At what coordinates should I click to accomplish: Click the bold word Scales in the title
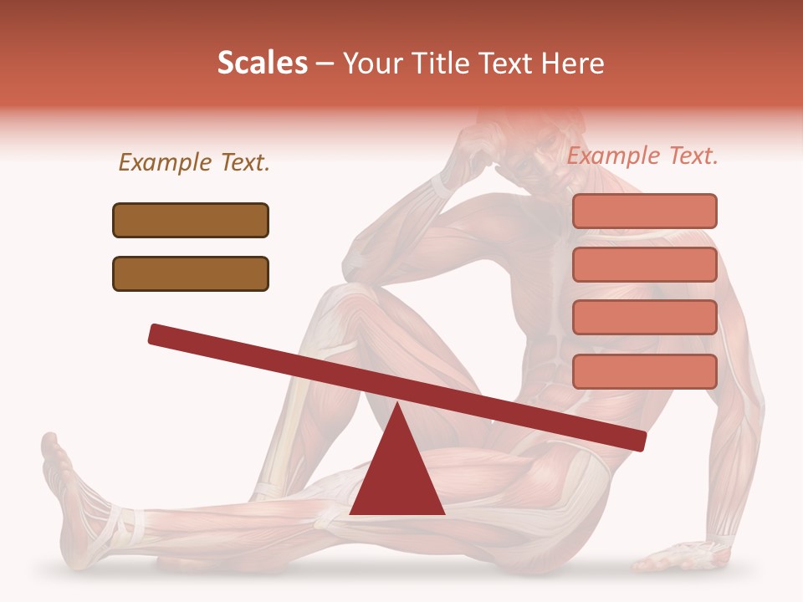(x=262, y=64)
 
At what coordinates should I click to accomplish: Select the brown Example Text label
(x=194, y=163)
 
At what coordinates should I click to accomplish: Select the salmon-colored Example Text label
(x=642, y=156)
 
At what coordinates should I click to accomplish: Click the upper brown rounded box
(x=191, y=220)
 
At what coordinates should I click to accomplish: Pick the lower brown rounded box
(x=191, y=273)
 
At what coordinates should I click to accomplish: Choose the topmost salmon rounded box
(x=644, y=211)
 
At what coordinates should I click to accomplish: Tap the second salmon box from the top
(x=644, y=264)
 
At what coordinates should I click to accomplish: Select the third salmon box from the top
(x=644, y=318)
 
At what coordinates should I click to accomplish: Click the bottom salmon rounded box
(x=644, y=371)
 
